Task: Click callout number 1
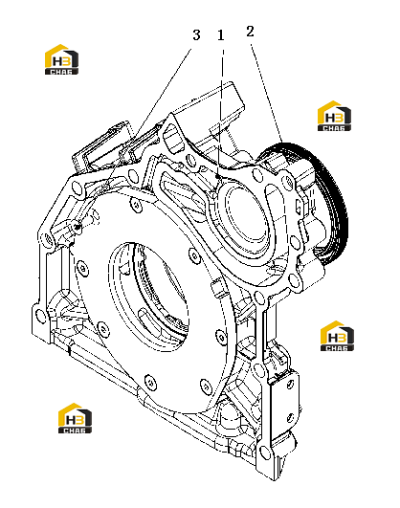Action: tap(221, 35)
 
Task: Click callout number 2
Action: tap(250, 32)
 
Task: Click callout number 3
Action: tap(196, 35)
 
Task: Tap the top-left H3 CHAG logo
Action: tap(61, 59)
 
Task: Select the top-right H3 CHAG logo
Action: tap(334, 116)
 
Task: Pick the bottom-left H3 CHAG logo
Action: tap(75, 418)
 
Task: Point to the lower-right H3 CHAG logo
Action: tap(337, 336)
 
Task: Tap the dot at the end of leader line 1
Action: tap(218, 177)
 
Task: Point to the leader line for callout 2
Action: tap(266, 94)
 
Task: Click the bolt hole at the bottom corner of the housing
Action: tap(265, 452)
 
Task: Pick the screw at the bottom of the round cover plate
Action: tap(149, 382)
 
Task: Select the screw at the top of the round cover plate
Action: tap(137, 205)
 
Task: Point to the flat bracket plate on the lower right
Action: tap(285, 405)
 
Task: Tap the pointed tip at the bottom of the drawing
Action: tap(275, 479)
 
